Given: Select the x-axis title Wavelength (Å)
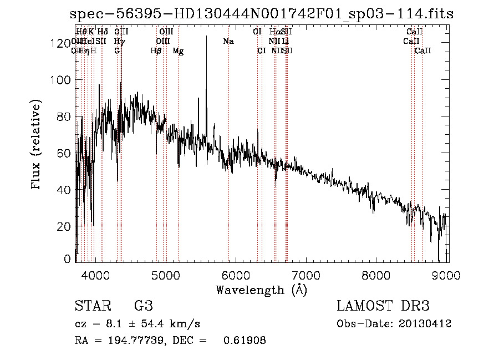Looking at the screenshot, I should click(x=261, y=290).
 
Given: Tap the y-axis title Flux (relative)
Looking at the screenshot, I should click(x=37, y=145).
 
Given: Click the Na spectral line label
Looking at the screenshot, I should click(x=228, y=42).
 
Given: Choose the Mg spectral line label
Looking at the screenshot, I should click(x=178, y=51).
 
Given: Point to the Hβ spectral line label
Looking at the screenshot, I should click(x=156, y=51).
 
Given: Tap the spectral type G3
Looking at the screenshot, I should click(x=144, y=306).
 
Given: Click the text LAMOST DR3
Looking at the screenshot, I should click(x=383, y=306).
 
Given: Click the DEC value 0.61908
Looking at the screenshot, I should click(x=244, y=341).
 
